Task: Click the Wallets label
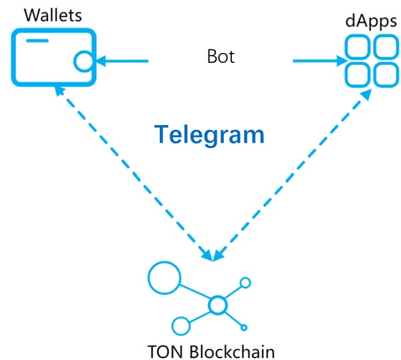pyautogui.click(x=43, y=14)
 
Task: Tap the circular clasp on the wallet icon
pyautogui.click(x=83, y=62)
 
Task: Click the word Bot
pyautogui.click(x=221, y=57)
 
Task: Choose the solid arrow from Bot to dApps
pyautogui.click(x=317, y=62)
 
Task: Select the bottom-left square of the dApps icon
pyautogui.click(x=356, y=74)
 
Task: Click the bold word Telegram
pyautogui.click(x=211, y=134)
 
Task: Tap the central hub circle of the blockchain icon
pyautogui.click(x=217, y=306)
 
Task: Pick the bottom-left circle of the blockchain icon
pyautogui.click(x=180, y=326)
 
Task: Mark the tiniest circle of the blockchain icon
pyautogui.click(x=245, y=327)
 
